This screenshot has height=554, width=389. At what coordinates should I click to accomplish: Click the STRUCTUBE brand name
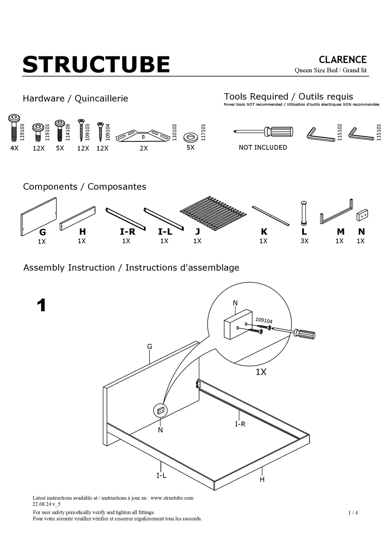point(96,65)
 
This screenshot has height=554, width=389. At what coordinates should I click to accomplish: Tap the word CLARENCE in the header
point(342,60)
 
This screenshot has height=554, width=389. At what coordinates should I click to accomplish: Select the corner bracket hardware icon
point(143,136)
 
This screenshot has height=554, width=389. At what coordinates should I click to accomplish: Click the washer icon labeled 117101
point(190,136)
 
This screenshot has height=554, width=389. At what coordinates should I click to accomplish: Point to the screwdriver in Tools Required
point(264,132)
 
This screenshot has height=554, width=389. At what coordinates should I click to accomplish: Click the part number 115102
point(339,132)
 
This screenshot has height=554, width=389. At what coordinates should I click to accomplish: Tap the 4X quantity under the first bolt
point(14,148)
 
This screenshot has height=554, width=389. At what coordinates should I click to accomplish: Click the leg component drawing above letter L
point(304,213)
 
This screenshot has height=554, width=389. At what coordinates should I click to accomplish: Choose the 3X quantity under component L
point(304,241)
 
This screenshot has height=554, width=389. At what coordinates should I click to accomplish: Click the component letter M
point(340,232)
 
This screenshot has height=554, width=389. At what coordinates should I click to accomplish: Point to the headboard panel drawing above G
point(39,216)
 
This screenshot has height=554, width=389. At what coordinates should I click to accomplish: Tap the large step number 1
point(41,305)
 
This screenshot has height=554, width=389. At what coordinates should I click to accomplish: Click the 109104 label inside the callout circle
point(264,321)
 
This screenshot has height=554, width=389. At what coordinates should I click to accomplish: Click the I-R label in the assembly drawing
point(240,424)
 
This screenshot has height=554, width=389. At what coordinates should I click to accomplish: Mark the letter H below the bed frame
point(262,480)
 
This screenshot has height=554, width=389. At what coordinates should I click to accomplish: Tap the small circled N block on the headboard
point(161,410)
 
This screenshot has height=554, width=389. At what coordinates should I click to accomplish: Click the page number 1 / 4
point(353,513)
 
